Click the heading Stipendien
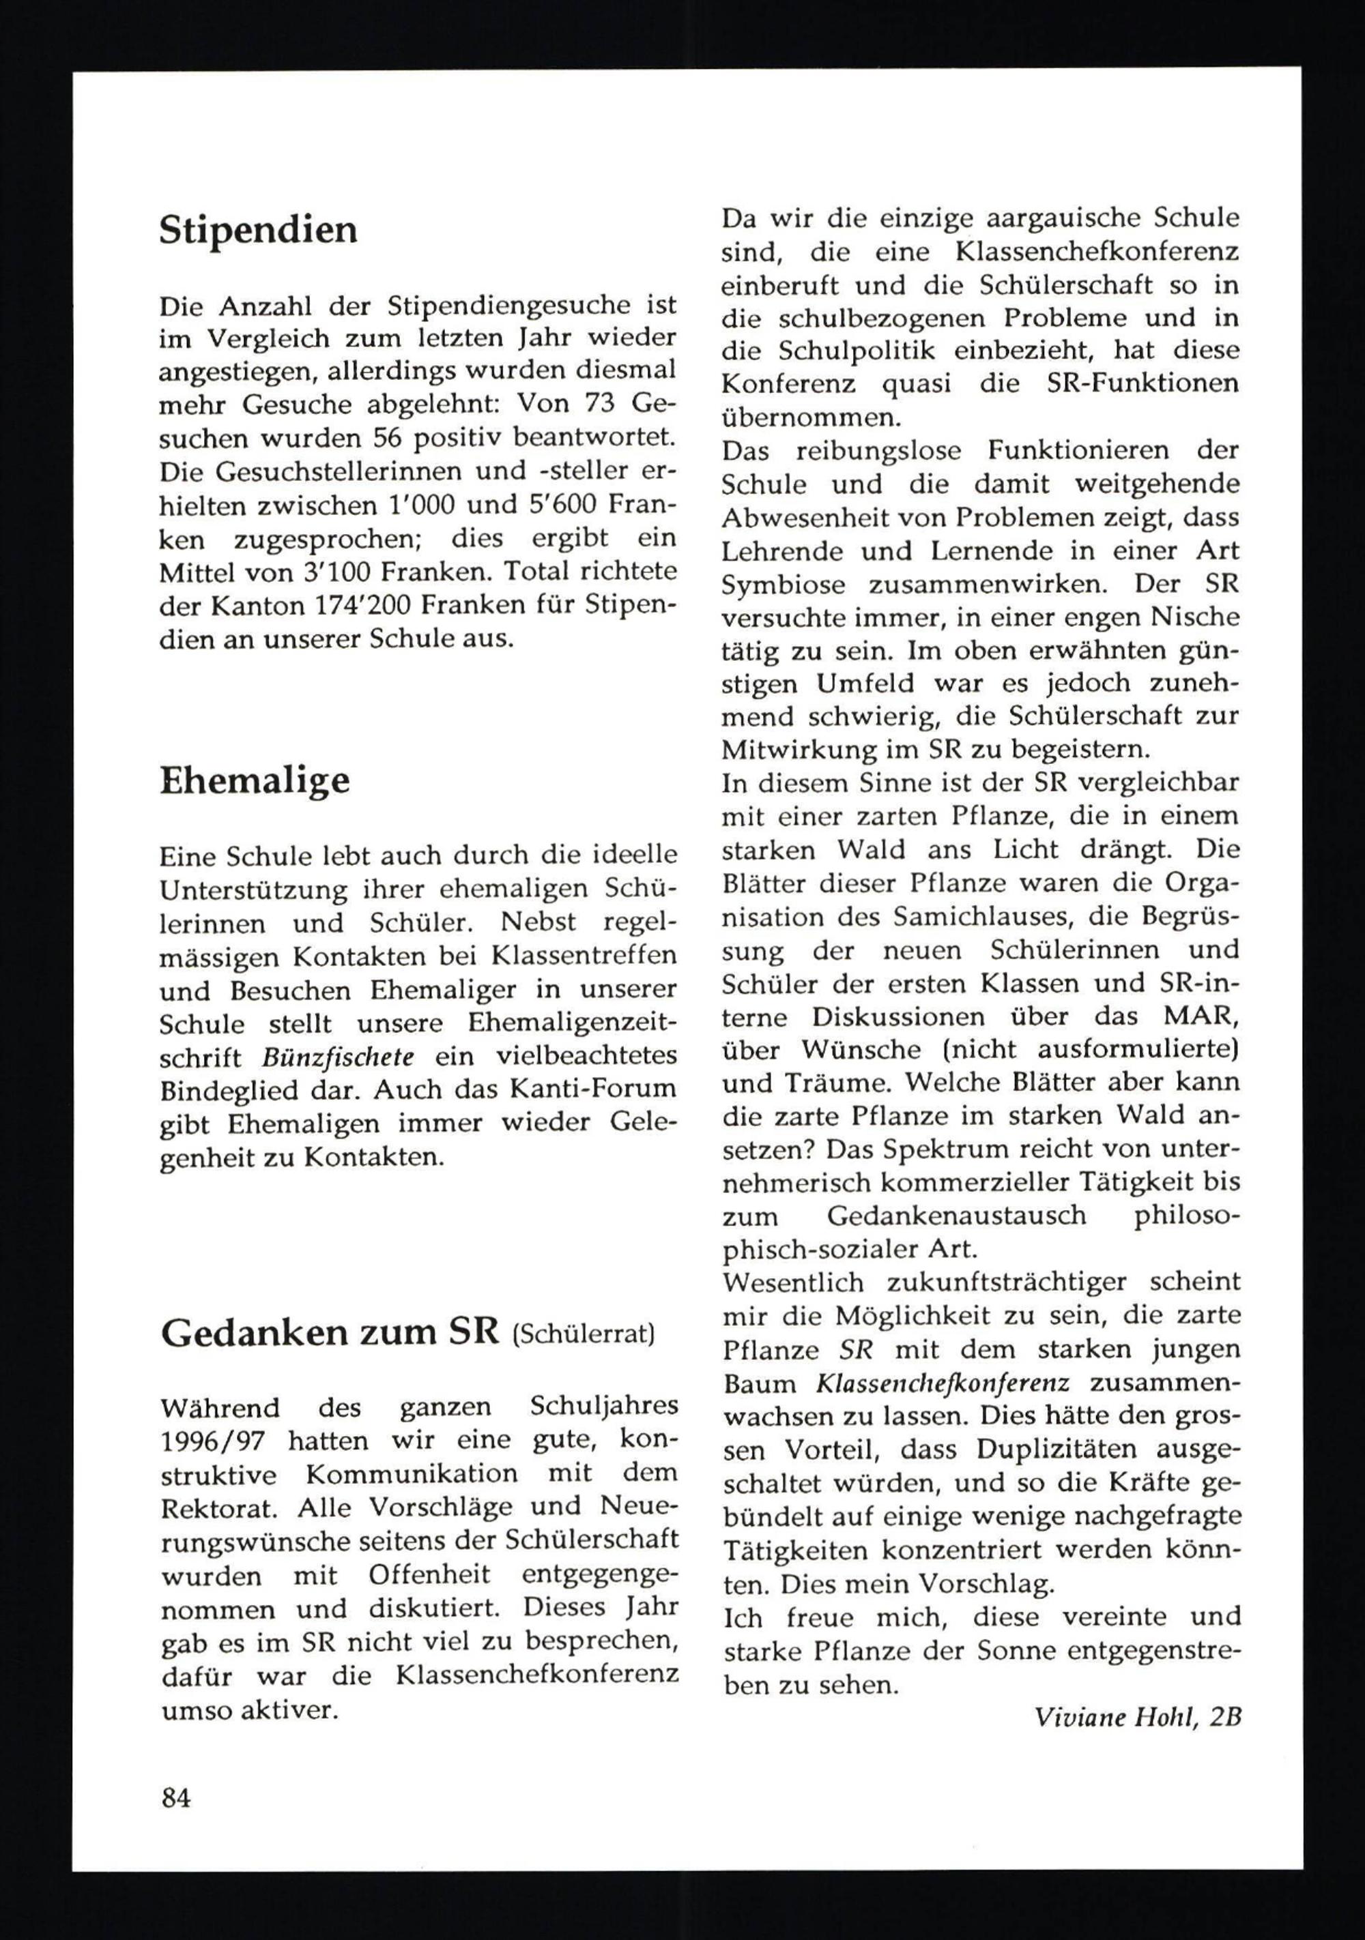pos(258,230)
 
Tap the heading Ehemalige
pos(255,780)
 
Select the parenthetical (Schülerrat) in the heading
pos(583,1334)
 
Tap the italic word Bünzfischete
pos(338,1057)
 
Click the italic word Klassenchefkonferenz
pos(943,1384)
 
